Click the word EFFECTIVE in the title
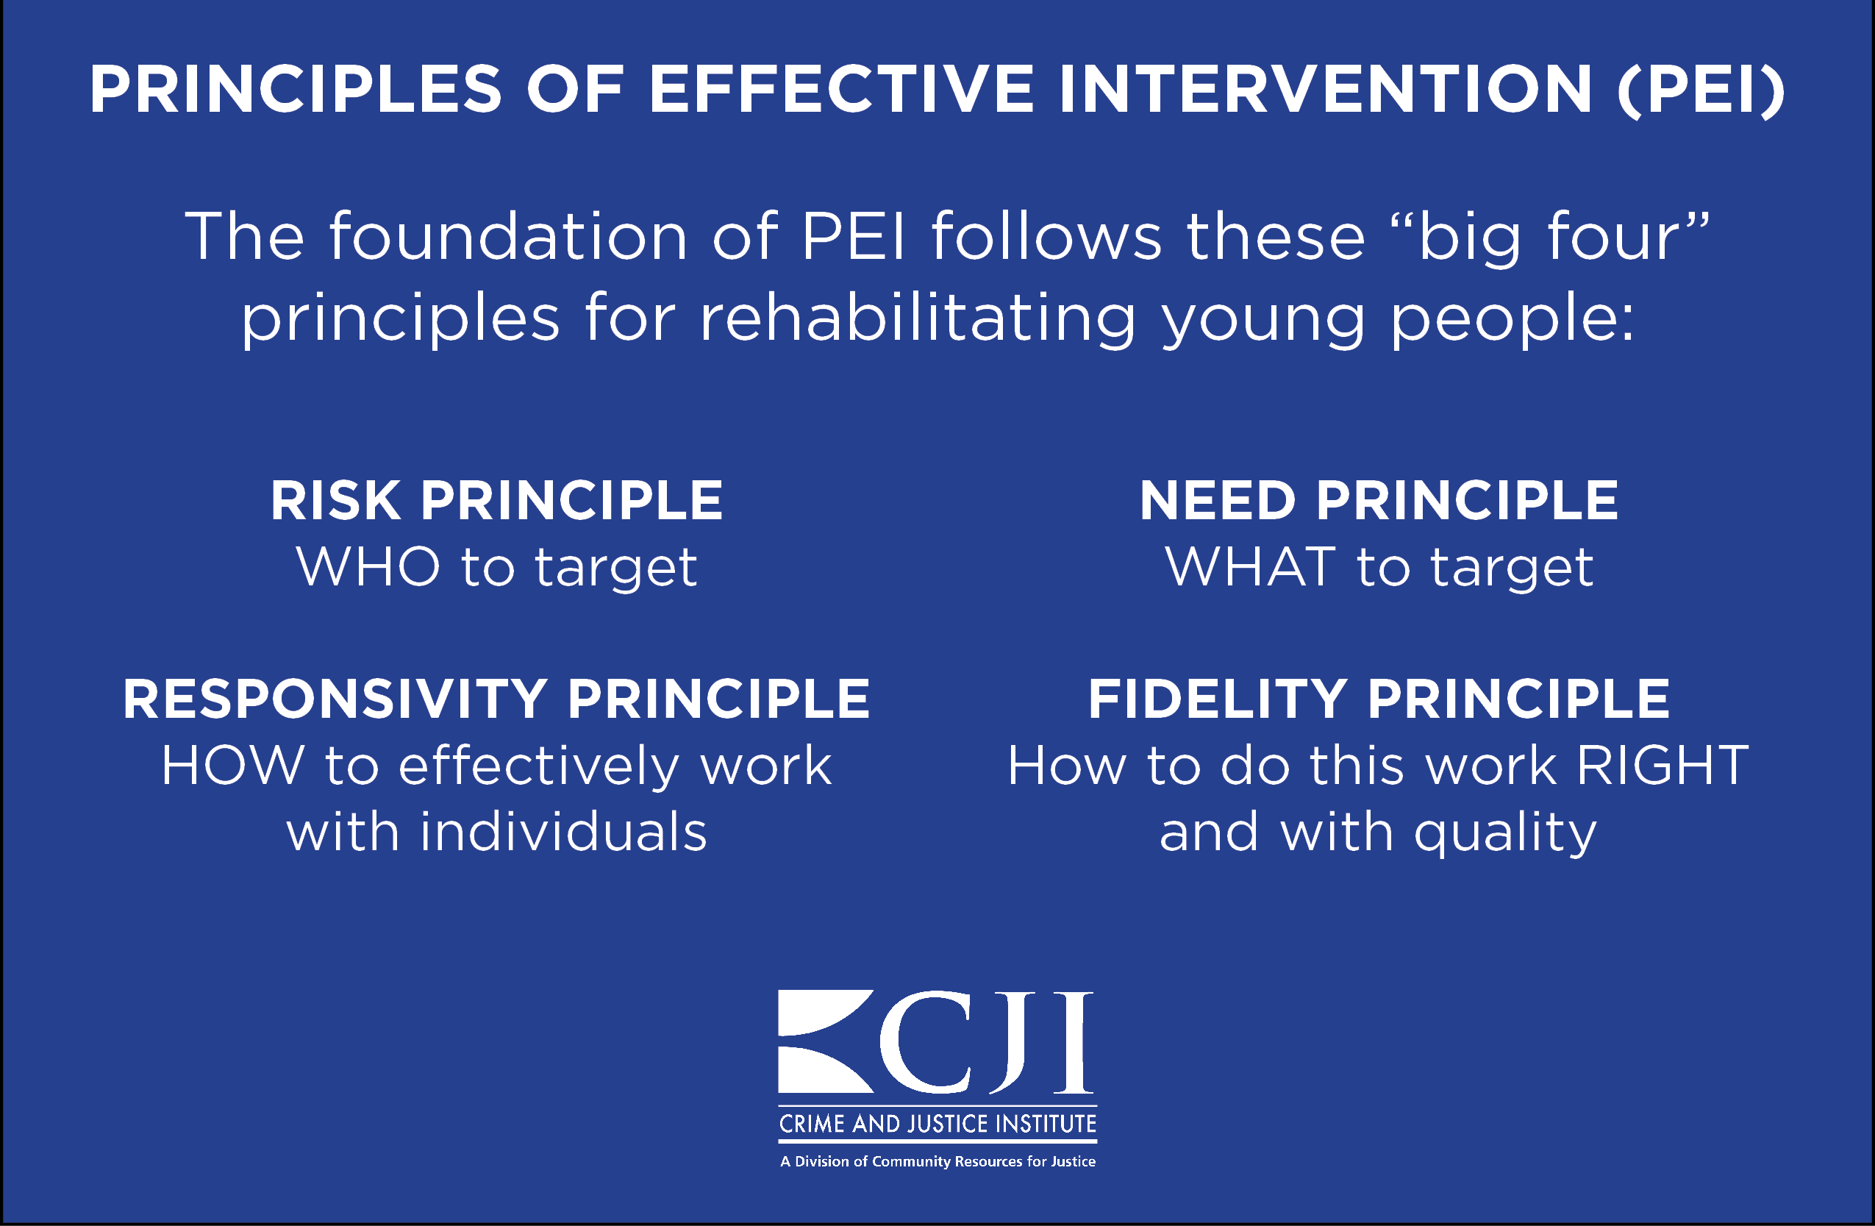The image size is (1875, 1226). coord(841,89)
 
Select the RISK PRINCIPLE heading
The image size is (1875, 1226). coord(497,500)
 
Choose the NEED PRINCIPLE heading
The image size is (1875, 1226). coord(1379,500)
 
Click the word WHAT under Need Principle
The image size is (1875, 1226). coord(1250,566)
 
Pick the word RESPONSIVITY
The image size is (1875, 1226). coord(335,699)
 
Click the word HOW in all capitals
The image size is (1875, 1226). coord(232,765)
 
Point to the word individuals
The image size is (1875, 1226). coord(563,832)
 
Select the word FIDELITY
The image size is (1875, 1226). coord(1217,699)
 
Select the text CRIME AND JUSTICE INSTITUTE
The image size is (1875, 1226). coord(938,1124)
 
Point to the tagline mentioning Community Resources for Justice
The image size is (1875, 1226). coord(938,1161)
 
